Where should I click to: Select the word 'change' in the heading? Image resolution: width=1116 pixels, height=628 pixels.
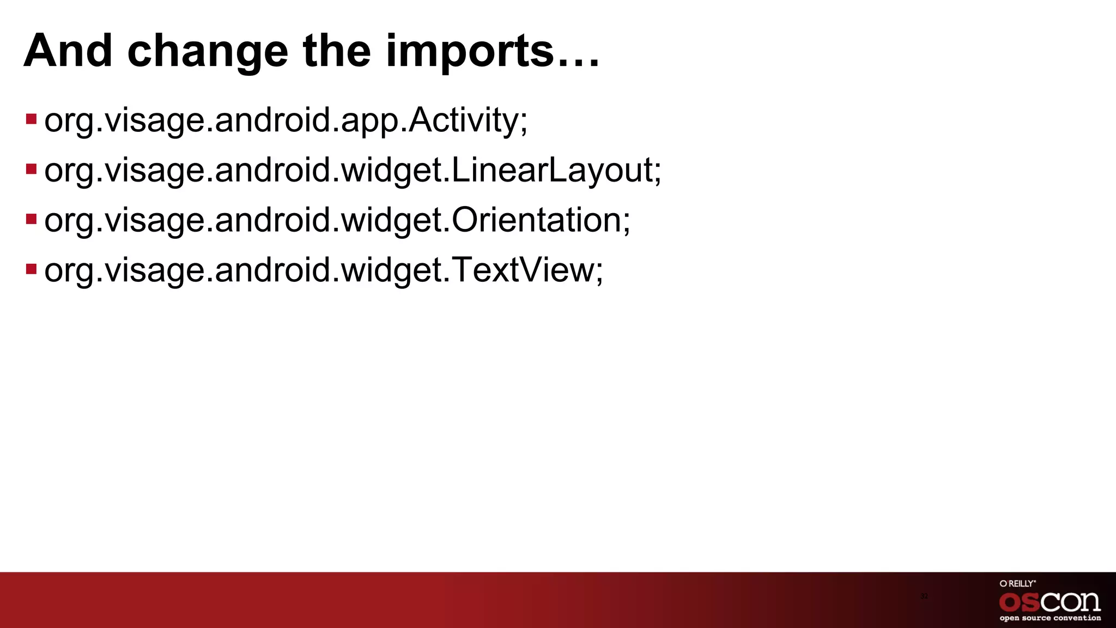[207, 52]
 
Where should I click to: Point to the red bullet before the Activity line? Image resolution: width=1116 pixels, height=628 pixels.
[31, 119]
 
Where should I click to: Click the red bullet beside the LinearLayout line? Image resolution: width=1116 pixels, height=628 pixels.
[31, 169]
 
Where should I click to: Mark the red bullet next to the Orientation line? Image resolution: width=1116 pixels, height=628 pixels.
[31, 219]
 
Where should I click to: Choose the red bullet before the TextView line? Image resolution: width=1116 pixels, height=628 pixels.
[31, 269]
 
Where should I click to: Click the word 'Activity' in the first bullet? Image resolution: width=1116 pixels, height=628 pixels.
[463, 120]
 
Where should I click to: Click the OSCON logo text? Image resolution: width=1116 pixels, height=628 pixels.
[1050, 602]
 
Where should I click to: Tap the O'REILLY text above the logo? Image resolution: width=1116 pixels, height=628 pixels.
[1017, 583]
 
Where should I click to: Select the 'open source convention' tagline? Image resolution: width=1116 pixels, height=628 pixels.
[1050, 618]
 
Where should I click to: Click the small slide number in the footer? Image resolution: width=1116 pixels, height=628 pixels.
[924, 596]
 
